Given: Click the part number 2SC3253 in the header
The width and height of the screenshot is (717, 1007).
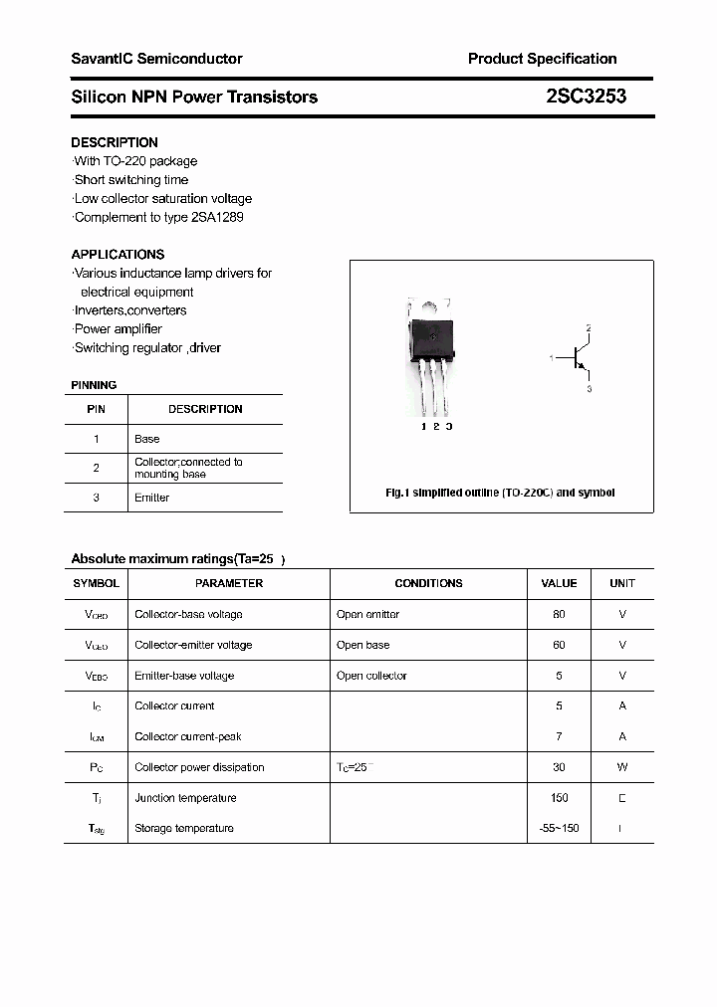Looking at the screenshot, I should (x=586, y=97).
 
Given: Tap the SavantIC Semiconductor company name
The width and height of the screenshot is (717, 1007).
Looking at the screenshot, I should (x=156, y=59).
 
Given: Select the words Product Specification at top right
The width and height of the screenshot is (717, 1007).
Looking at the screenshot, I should (x=542, y=59).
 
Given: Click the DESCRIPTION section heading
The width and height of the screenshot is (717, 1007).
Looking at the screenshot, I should (x=115, y=142).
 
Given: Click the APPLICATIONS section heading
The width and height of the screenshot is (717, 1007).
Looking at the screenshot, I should (x=118, y=254).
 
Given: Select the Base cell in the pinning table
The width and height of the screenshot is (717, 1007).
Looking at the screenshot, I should (x=146, y=439).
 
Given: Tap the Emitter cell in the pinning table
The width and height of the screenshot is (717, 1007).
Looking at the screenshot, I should (x=151, y=498).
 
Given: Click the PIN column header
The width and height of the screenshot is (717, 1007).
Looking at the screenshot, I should (x=96, y=409).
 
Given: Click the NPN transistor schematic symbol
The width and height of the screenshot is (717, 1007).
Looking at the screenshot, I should (x=578, y=358).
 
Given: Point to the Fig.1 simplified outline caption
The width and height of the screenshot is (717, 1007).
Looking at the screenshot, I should (x=500, y=493).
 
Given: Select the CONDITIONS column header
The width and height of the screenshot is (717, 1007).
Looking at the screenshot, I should (x=428, y=583).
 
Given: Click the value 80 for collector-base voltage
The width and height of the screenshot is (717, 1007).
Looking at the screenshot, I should (x=559, y=615).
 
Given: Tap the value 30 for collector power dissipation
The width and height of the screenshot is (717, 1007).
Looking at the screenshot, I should (x=559, y=767).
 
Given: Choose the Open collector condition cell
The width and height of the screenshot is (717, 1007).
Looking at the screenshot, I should (x=371, y=676).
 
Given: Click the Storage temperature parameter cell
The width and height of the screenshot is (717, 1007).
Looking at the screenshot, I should (x=183, y=828).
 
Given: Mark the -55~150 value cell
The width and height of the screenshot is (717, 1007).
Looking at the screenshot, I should (x=559, y=828).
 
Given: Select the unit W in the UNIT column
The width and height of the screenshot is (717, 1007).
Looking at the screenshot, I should (x=622, y=767).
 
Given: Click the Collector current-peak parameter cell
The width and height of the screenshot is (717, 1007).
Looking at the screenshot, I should (x=187, y=736).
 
